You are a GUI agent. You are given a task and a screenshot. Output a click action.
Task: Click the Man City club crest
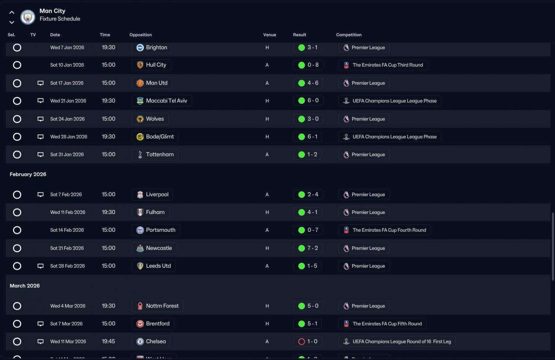[27, 17]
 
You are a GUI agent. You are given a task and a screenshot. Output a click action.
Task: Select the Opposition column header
[140, 35]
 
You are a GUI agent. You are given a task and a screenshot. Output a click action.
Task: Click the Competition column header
[349, 35]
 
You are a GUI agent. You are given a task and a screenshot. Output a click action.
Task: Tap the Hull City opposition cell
[151, 65]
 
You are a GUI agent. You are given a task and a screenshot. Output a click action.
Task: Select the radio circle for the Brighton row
[17, 48]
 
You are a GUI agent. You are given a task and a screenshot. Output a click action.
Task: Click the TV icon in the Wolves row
[40, 119]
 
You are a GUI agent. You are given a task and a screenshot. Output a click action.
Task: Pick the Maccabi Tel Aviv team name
[166, 101]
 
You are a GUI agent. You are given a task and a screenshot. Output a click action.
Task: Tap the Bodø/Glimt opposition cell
[155, 136]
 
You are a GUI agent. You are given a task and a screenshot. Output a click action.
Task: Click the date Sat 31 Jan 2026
[67, 155]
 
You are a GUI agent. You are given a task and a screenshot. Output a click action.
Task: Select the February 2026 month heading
[28, 174]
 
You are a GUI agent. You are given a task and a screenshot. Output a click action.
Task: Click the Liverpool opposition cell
[152, 195]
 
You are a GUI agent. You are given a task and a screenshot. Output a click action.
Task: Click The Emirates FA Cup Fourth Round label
[389, 230]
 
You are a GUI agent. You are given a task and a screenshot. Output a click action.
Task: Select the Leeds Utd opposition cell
[153, 266]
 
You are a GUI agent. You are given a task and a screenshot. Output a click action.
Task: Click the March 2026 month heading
[25, 286]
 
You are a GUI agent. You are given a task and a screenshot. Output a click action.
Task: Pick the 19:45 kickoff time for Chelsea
[108, 341]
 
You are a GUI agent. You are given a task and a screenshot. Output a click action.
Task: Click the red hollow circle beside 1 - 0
[301, 342]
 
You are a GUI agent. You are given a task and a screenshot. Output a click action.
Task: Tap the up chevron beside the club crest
[12, 12]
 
